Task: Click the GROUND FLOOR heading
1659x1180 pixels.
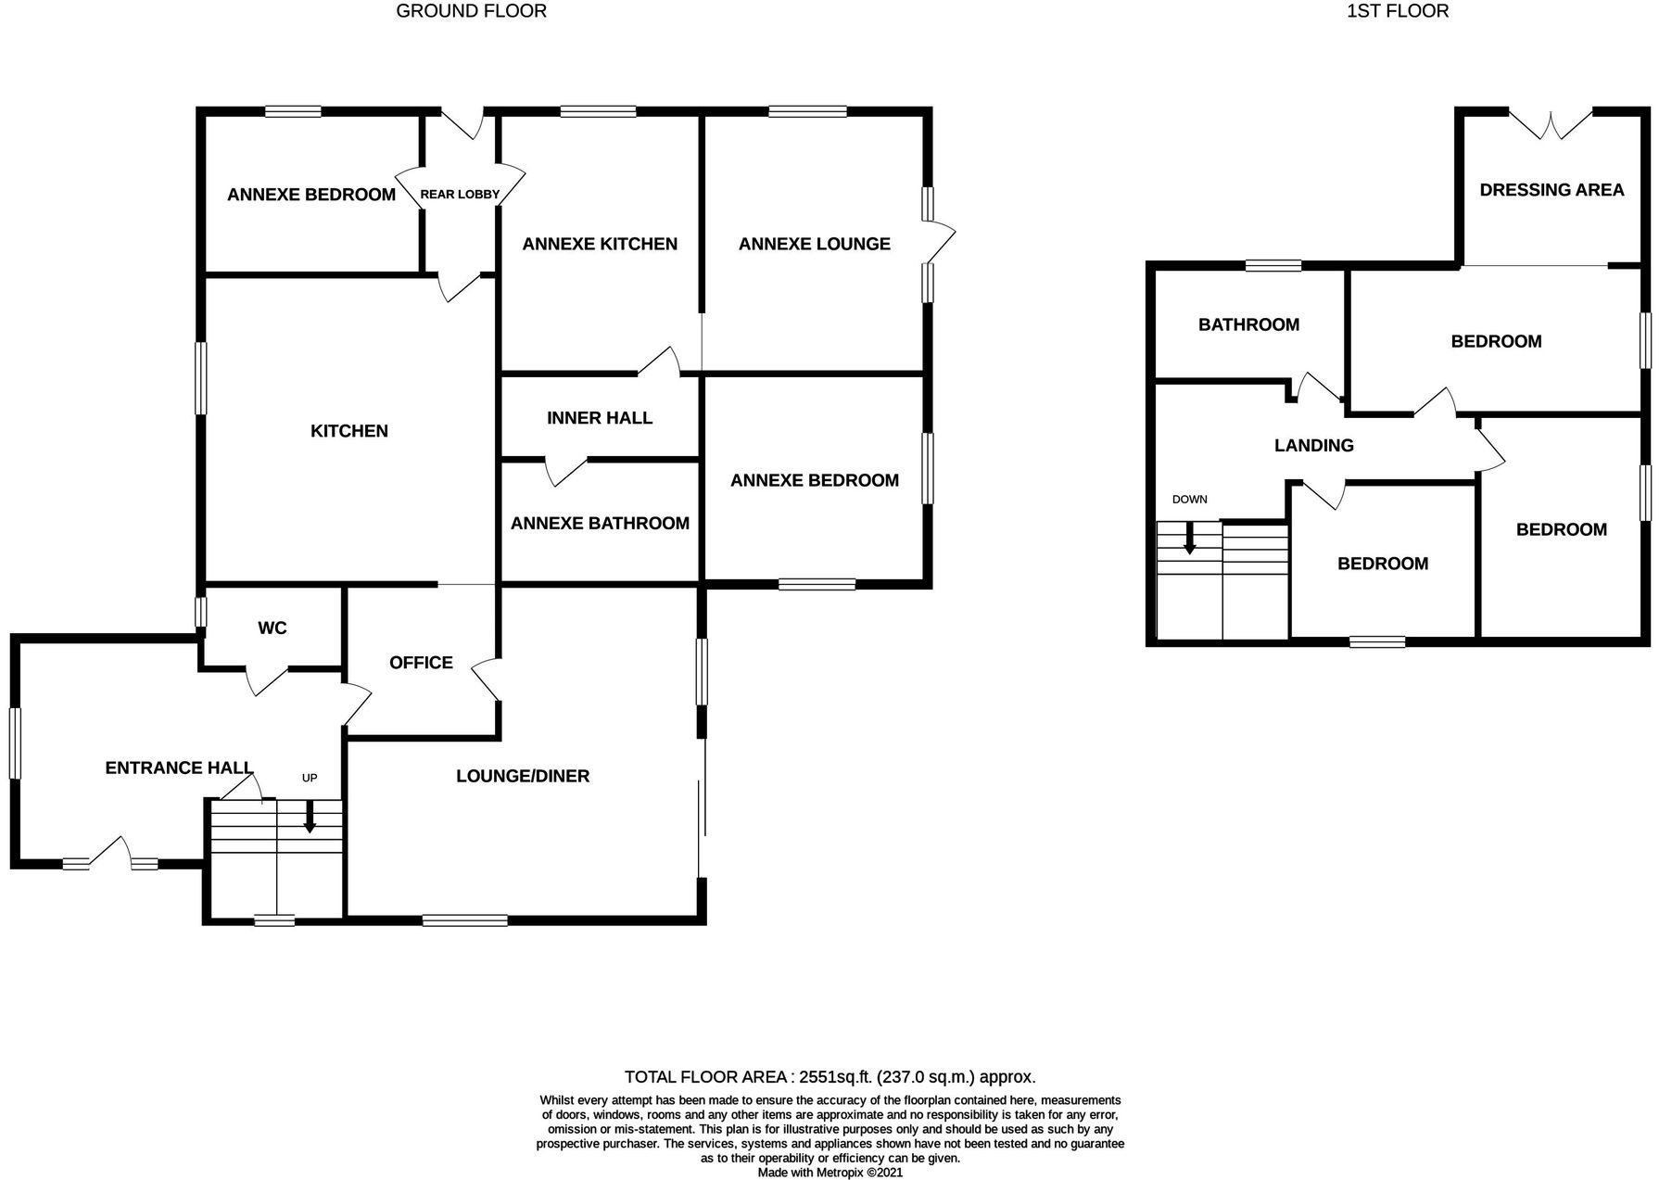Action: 471,11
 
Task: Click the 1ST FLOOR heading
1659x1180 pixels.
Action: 1397,11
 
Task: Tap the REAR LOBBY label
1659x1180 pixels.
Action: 460,195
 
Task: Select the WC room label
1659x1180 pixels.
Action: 272,628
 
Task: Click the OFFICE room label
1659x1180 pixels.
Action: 421,663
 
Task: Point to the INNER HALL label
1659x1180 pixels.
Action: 600,418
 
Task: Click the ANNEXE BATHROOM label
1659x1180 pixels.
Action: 600,524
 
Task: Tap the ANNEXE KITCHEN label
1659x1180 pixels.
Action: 600,244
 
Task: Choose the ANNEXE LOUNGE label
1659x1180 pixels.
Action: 814,244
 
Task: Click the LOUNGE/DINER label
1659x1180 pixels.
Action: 523,777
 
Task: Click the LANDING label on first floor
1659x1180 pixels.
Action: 1313,446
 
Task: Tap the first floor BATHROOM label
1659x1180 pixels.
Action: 1248,325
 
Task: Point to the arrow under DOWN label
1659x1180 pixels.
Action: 1190,539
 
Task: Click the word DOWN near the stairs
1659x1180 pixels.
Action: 1190,500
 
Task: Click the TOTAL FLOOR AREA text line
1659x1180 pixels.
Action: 829,1077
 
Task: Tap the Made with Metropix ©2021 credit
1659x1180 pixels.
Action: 829,1173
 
